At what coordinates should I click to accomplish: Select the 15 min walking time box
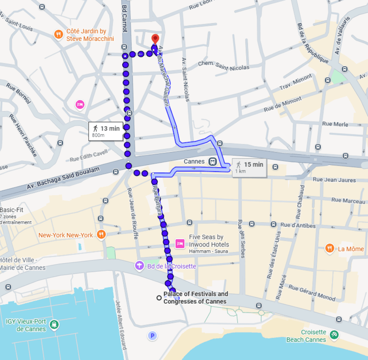click(x=249, y=167)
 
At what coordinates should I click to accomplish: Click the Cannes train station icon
click(x=212, y=162)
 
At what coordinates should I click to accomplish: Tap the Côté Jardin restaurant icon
click(x=59, y=35)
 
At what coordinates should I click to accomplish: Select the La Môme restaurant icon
click(x=329, y=249)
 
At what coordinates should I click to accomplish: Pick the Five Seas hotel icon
click(x=180, y=243)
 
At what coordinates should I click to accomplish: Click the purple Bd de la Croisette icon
click(x=139, y=265)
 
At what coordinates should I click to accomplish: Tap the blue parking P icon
click(x=152, y=335)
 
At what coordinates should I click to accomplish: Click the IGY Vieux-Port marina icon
click(x=54, y=325)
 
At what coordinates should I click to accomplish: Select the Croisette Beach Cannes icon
click(x=334, y=335)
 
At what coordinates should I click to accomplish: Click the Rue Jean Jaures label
click(x=334, y=180)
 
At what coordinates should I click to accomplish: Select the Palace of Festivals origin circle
click(x=159, y=297)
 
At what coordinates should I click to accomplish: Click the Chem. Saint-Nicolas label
click(x=223, y=66)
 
